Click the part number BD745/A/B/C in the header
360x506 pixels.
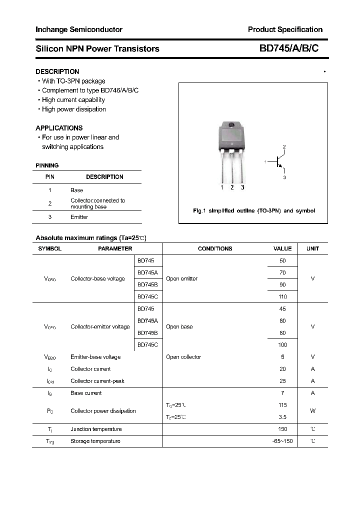click(x=288, y=48)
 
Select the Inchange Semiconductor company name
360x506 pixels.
click(x=78, y=29)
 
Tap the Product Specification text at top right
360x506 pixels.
click(x=285, y=29)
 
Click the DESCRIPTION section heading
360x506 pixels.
click(x=57, y=71)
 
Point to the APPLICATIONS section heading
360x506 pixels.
click(x=59, y=128)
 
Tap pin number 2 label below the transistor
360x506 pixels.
click(x=232, y=187)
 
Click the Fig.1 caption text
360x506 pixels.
click(x=254, y=211)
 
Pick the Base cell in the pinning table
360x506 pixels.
click(x=76, y=190)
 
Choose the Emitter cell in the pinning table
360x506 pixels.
click(x=79, y=217)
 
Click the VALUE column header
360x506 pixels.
click(x=282, y=248)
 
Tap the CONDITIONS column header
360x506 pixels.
click(x=215, y=248)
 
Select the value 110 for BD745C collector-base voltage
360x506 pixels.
click(x=282, y=297)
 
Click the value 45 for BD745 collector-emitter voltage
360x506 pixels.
click(x=282, y=309)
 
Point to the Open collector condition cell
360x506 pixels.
click(x=183, y=357)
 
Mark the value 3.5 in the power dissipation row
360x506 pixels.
click(x=282, y=417)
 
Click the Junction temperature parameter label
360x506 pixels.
click(x=96, y=429)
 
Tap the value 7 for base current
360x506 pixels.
click(x=282, y=393)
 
